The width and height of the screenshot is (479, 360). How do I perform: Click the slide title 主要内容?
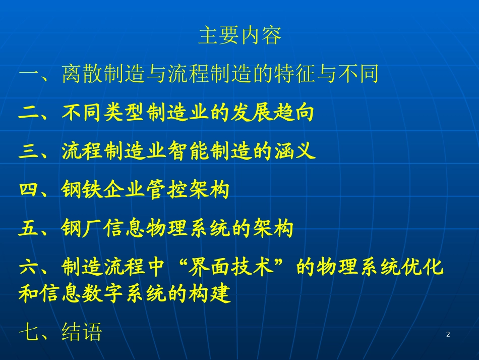(x=239, y=36)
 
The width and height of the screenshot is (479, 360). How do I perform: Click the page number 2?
(x=448, y=335)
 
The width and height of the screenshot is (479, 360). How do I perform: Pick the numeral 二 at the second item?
(x=29, y=113)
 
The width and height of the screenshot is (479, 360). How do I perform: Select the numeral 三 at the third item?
(x=29, y=151)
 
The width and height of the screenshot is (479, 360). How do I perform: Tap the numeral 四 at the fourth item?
(x=29, y=190)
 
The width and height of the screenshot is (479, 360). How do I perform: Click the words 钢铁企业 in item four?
(x=103, y=190)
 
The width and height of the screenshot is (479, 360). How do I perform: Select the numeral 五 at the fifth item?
(x=29, y=229)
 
